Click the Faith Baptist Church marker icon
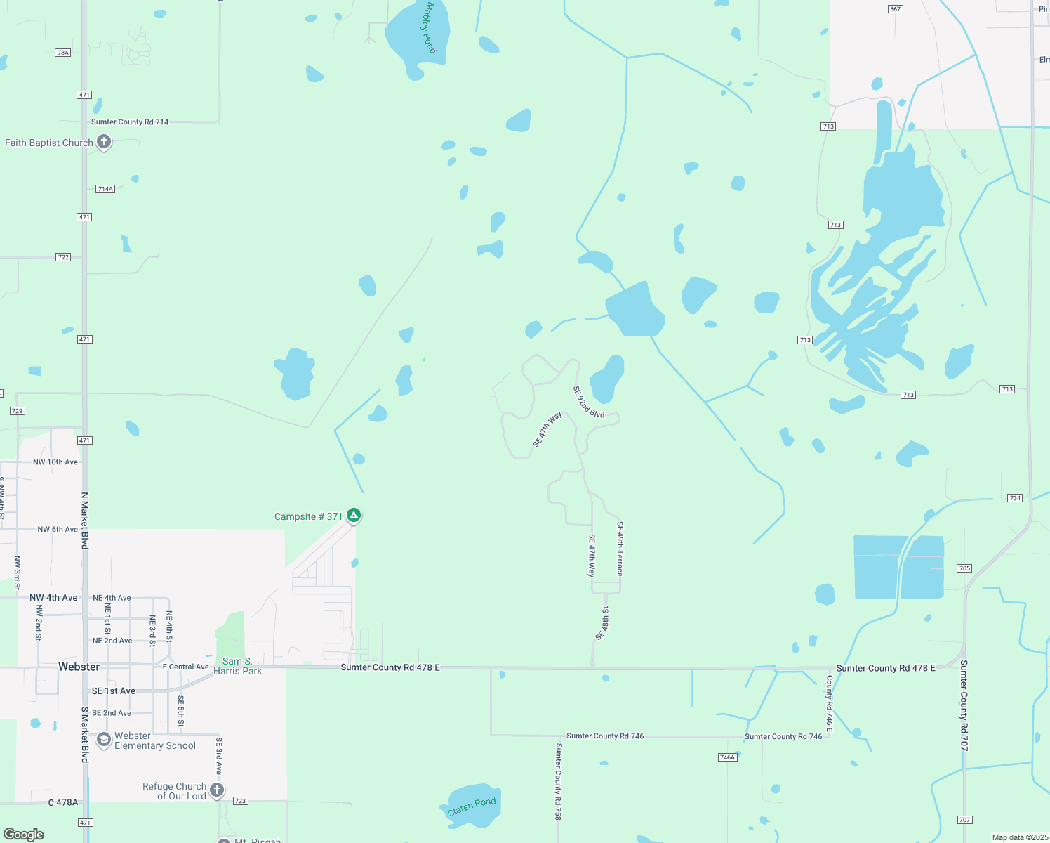click(104, 142)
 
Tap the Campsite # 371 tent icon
click(354, 516)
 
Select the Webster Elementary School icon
click(104, 740)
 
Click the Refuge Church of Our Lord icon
click(218, 790)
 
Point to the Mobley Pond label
click(430, 28)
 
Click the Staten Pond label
click(472, 806)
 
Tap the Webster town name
click(79, 667)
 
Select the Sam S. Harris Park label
click(237, 666)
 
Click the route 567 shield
click(895, 9)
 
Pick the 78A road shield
click(63, 53)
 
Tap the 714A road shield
click(105, 189)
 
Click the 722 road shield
click(63, 257)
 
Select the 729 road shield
click(18, 411)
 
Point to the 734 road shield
click(1015, 498)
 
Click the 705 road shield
click(964, 568)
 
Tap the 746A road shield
click(727, 757)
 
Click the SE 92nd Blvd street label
click(588, 403)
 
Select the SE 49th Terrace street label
click(620, 549)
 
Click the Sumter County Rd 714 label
click(130, 122)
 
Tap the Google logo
click(24, 835)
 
